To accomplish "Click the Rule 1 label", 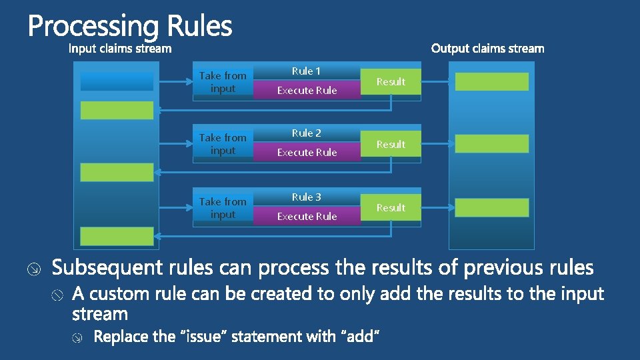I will point(306,71).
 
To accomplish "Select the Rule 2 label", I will point(306,133).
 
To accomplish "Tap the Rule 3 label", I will point(306,197).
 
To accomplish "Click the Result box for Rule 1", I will point(391,81).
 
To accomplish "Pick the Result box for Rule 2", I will point(391,144).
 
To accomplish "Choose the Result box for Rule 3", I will point(391,208).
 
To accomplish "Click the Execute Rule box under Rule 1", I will point(307,91).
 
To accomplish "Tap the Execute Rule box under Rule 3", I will point(307,217).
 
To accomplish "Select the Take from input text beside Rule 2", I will point(223,144).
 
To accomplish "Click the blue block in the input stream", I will point(117,81).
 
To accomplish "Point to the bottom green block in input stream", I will point(117,236).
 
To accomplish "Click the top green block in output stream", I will point(492,81).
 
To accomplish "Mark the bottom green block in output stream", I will point(492,207).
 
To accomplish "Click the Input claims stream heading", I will point(121,49).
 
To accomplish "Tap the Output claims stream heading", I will point(487,49).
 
